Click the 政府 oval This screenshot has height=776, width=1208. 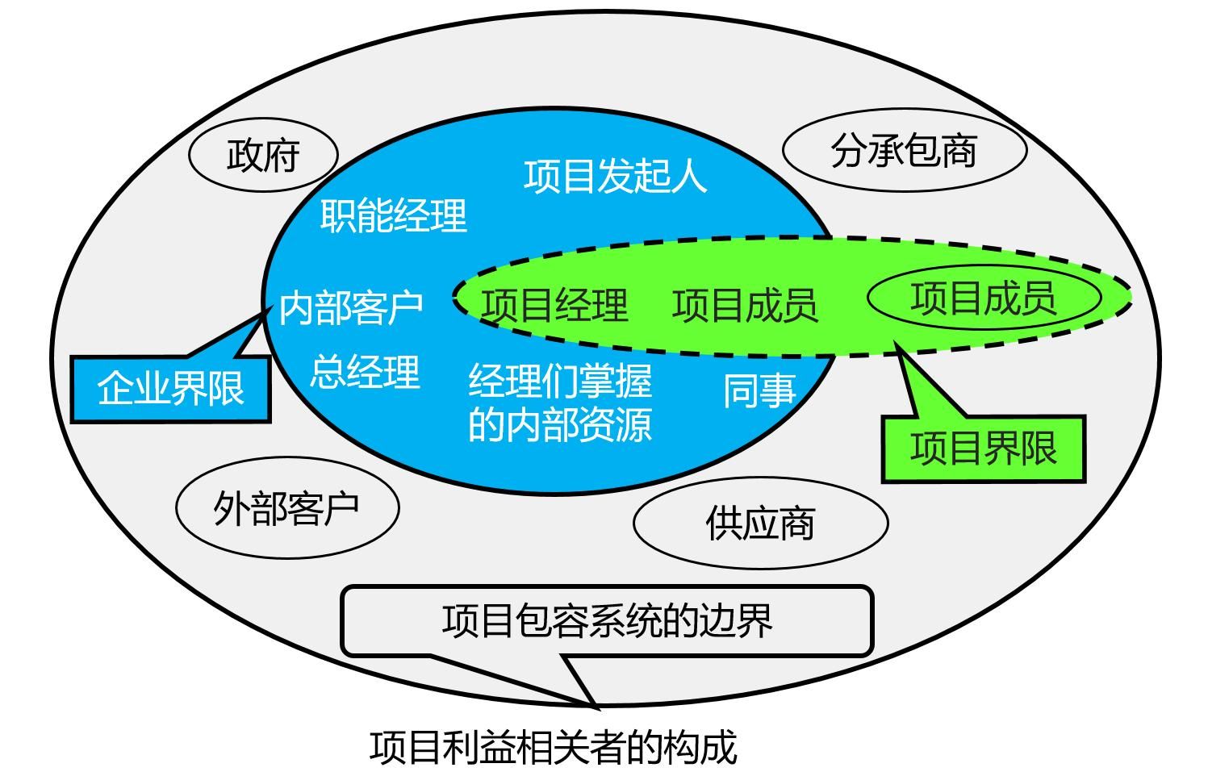[x=263, y=156]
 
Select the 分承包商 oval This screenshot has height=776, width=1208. [x=904, y=151]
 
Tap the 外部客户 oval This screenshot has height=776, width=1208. [x=286, y=508]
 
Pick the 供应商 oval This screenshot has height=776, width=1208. [x=760, y=523]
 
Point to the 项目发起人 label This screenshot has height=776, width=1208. [x=615, y=176]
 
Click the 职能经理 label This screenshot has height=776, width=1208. [x=394, y=215]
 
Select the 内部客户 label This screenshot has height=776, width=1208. [x=351, y=308]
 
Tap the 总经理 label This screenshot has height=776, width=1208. [x=365, y=372]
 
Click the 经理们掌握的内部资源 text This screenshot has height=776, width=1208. [x=560, y=402]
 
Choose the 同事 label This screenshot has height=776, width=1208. [x=759, y=390]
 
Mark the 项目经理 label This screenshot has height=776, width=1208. [x=554, y=305]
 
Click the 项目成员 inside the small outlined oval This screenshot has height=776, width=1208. [x=984, y=298]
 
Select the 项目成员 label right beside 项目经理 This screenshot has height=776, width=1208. [x=745, y=305]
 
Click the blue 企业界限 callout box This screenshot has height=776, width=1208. [x=170, y=389]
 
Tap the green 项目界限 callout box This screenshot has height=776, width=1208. [x=983, y=448]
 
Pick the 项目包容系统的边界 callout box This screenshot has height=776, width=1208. [x=607, y=620]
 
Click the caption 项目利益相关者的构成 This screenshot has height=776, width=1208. [x=554, y=747]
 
